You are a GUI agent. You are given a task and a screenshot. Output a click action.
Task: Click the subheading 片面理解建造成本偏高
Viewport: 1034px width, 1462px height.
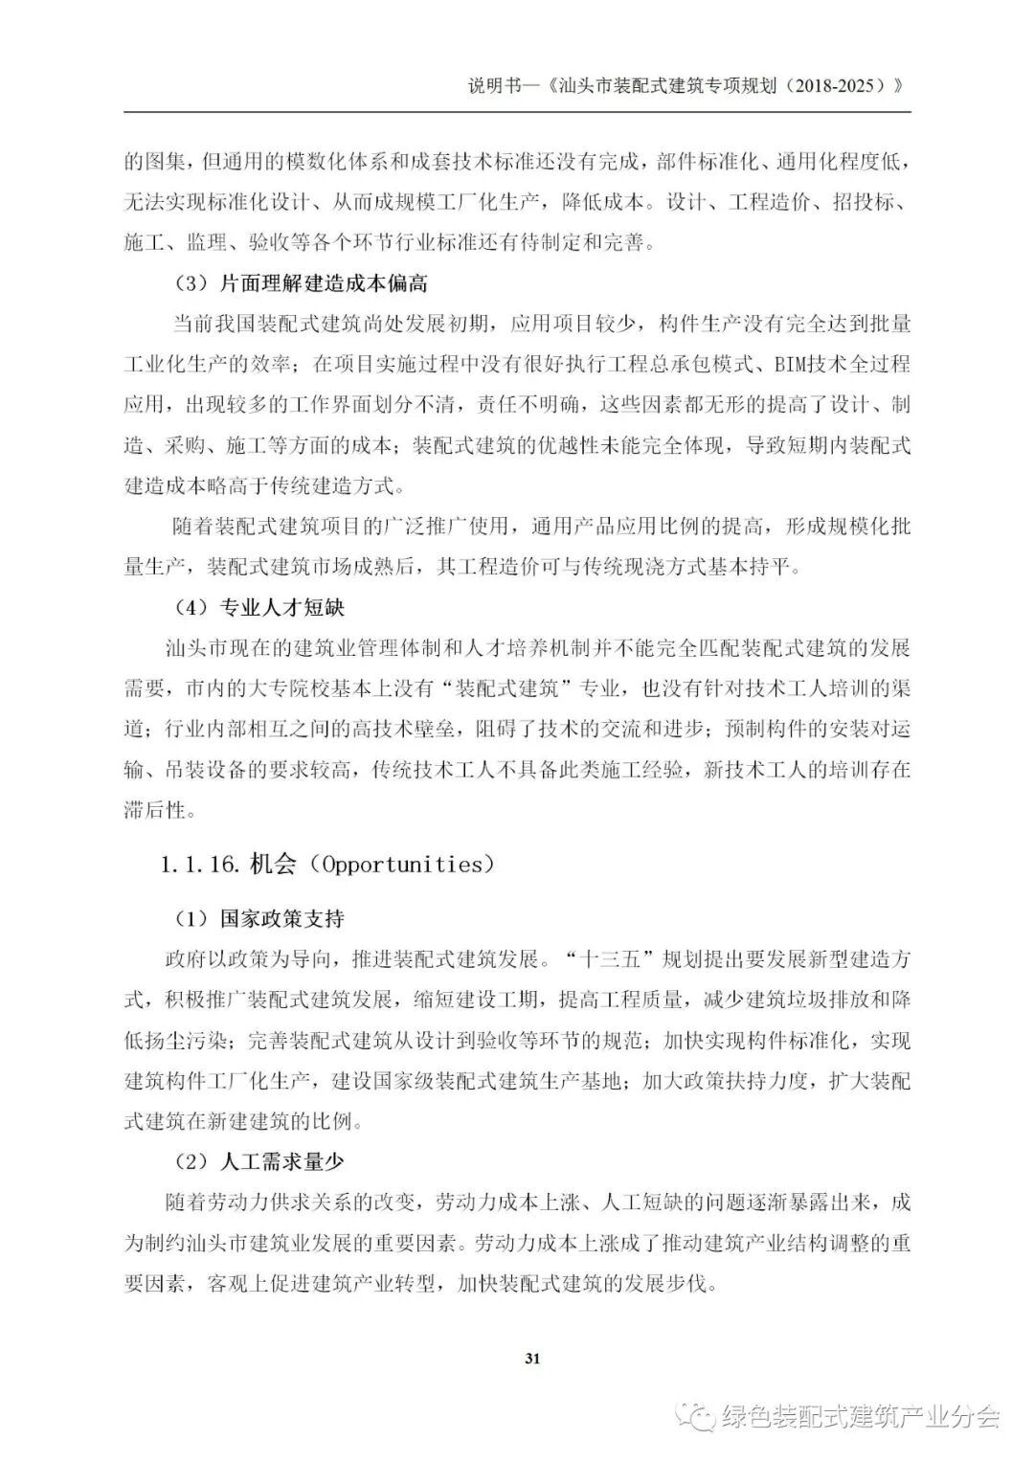[325, 283]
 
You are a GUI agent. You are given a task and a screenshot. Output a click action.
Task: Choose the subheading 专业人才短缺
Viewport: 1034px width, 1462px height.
[282, 607]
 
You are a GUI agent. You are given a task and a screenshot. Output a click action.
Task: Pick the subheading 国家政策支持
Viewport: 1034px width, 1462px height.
[282, 918]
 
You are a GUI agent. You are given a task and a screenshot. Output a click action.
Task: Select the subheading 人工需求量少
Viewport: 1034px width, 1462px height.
[282, 1161]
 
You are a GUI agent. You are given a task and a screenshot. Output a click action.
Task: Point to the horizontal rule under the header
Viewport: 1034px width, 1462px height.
[517, 112]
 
